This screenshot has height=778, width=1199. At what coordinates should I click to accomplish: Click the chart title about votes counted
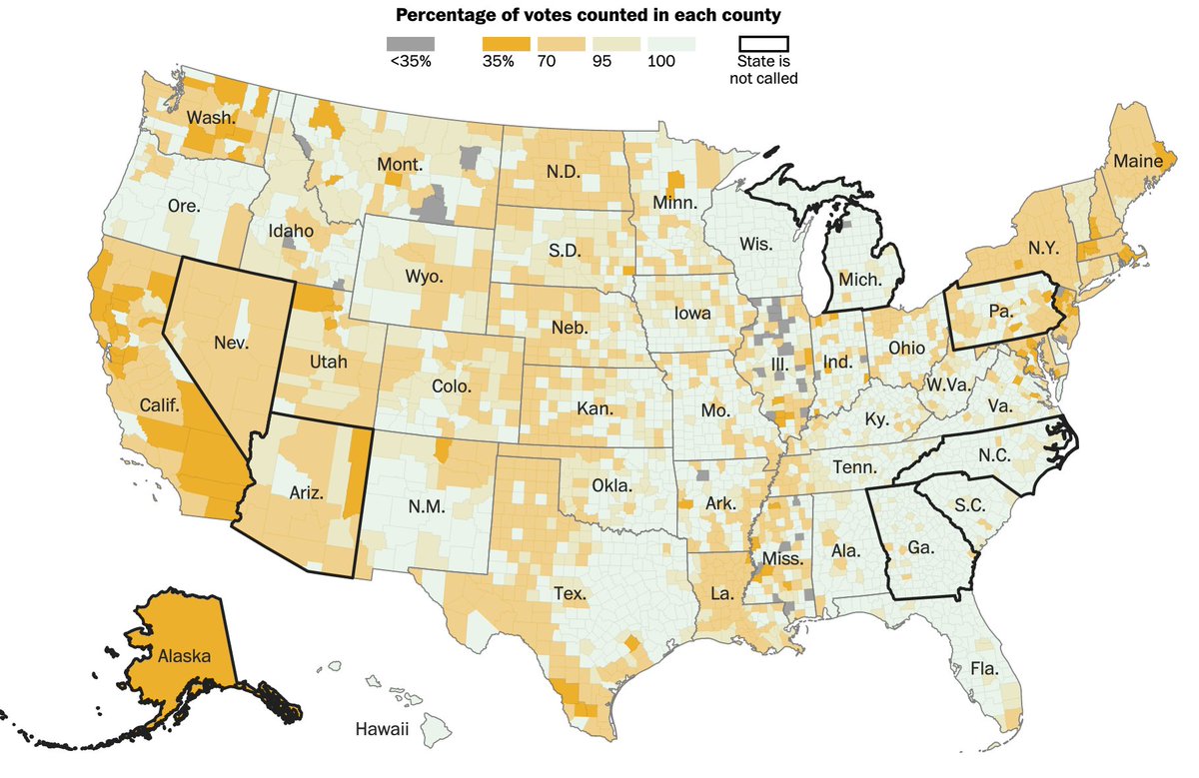coord(589,15)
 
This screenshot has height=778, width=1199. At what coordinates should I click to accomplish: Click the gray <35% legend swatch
coord(411,44)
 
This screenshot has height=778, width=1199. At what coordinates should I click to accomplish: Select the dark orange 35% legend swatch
coord(506,44)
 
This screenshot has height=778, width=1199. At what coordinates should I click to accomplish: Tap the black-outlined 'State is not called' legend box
coord(763,44)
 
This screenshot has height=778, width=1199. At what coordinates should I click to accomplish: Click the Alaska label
coord(184,656)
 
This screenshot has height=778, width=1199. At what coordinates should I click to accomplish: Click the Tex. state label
coord(571,593)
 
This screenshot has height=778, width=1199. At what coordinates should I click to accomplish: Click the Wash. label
coord(211,118)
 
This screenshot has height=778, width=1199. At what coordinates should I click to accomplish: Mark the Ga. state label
coord(920,547)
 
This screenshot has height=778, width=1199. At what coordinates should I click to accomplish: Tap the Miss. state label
coord(782,559)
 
